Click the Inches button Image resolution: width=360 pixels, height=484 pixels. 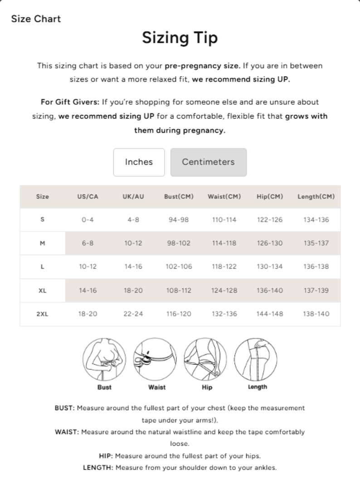click(x=139, y=162)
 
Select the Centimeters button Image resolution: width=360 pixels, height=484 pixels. click(x=209, y=162)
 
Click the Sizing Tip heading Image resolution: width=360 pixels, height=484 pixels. click(x=180, y=38)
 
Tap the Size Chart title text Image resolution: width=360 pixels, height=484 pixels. click(x=36, y=19)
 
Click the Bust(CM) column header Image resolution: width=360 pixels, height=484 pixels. click(x=179, y=197)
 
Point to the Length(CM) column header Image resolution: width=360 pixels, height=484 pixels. click(x=316, y=197)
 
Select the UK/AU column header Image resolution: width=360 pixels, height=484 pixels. click(x=133, y=197)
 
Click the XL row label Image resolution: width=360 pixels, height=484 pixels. click(x=43, y=290)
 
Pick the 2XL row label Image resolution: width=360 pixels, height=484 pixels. click(x=43, y=314)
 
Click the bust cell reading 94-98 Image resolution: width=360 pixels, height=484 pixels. click(x=178, y=220)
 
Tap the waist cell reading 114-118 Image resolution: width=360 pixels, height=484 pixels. click(x=224, y=243)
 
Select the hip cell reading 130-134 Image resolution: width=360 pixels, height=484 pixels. click(x=270, y=267)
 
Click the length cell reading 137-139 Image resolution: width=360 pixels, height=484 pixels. click(x=316, y=290)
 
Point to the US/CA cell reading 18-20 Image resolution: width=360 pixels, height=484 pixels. click(x=88, y=314)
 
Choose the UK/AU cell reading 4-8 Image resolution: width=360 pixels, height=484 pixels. click(x=133, y=220)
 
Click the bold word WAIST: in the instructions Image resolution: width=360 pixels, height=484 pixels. click(x=67, y=432)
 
